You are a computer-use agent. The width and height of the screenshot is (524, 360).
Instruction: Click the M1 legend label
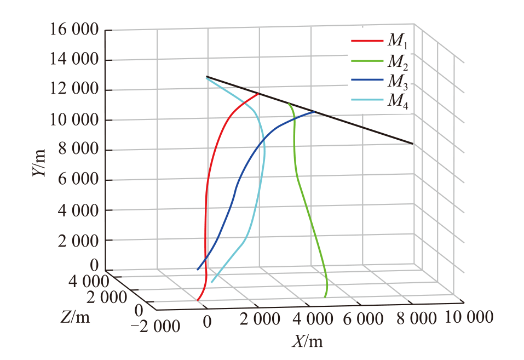[398, 42]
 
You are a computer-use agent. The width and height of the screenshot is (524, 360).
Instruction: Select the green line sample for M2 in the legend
[367, 61]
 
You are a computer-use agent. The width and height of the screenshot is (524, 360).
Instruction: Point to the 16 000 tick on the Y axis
[74, 30]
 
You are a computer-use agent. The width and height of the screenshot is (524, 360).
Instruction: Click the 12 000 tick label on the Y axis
[74, 89]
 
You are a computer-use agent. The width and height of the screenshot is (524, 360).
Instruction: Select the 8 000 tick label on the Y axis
[79, 149]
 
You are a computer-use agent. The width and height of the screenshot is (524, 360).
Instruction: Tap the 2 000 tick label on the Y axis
[79, 241]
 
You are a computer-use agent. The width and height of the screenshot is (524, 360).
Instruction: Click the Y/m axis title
[39, 163]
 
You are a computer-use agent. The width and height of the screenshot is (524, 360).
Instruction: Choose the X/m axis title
[308, 341]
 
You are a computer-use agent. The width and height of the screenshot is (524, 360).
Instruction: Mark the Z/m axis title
[75, 317]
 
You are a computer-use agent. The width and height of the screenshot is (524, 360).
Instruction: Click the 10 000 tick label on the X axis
[469, 317]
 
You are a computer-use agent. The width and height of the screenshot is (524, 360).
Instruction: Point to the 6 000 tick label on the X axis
[363, 319]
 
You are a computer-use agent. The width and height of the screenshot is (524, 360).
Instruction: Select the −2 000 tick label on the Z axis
[155, 326]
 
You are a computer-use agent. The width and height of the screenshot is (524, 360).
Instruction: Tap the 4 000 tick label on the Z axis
[89, 282]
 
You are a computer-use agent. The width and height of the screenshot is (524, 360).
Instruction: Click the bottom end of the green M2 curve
[325, 297]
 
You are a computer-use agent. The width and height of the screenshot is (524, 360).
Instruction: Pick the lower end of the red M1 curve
[197, 300]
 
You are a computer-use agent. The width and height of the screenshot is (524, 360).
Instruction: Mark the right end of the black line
[413, 144]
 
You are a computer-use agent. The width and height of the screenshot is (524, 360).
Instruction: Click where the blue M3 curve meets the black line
[314, 112]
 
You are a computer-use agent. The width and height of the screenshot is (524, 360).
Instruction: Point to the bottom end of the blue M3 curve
[198, 270]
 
